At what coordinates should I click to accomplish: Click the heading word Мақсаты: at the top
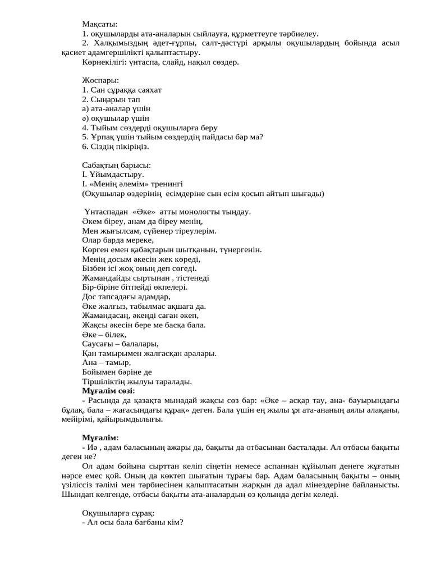96,24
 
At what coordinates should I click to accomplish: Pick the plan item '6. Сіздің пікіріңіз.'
116,147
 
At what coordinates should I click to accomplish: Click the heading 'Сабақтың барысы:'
116,166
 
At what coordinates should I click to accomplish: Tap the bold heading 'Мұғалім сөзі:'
108,391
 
